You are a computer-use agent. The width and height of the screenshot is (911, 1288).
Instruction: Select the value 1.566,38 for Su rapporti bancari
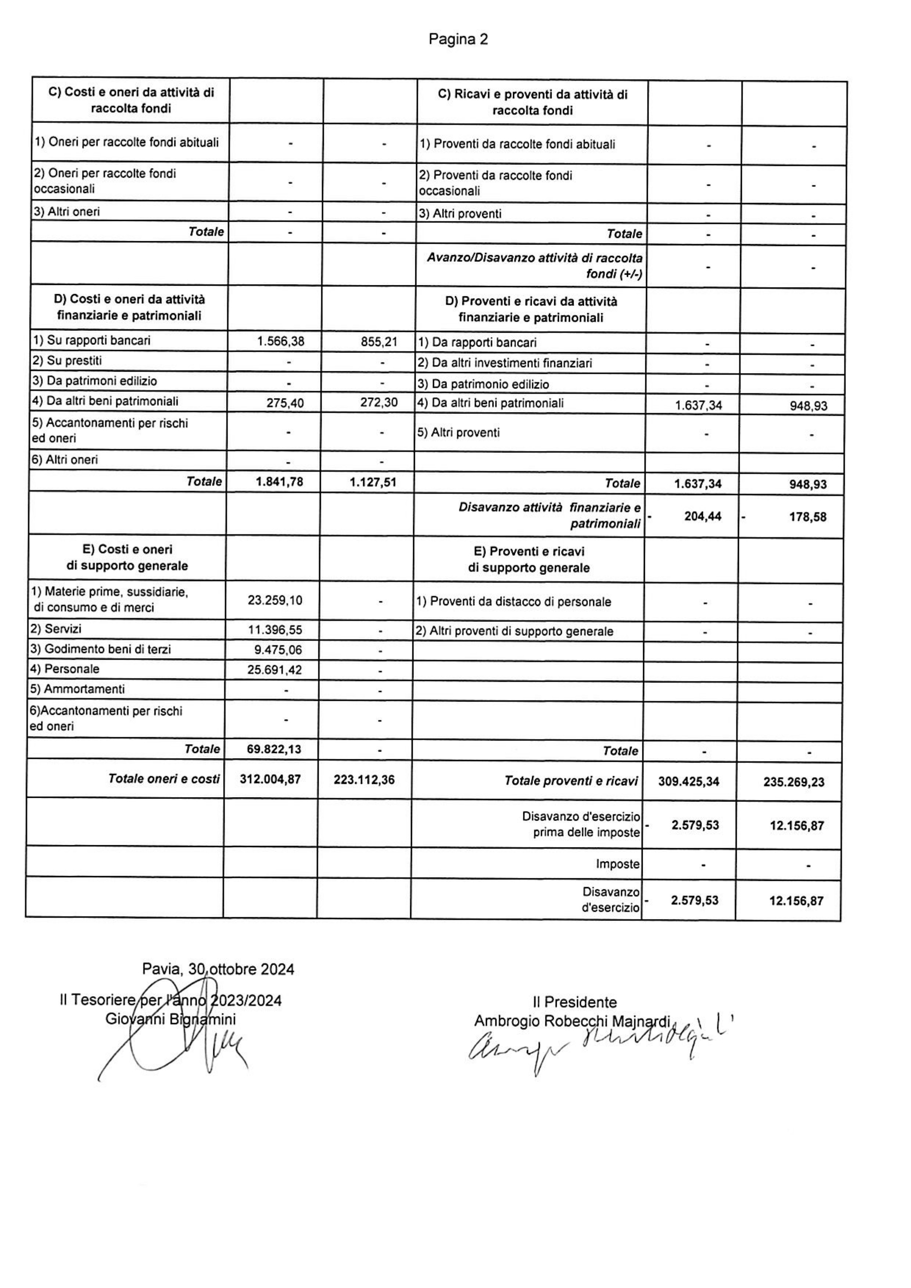(281, 341)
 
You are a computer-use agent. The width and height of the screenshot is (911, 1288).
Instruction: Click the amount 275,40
(285, 403)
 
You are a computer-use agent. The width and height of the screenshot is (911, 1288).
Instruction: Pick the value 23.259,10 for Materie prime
(275, 600)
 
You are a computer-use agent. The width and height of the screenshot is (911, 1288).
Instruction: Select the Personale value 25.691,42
(275, 670)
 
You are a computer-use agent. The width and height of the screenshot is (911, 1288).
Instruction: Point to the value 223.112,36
(364, 780)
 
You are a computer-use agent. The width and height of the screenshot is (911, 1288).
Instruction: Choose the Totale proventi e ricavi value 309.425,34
(689, 781)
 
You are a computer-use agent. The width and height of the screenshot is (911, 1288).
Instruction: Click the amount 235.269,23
(794, 782)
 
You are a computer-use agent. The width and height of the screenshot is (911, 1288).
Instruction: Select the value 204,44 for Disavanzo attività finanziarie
(703, 517)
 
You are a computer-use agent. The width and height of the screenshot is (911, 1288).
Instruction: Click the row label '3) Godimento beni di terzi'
(100, 650)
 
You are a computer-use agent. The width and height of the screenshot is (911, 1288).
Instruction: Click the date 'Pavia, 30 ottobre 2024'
(218, 969)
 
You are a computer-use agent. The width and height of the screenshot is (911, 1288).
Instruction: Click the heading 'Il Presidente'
(574, 1002)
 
